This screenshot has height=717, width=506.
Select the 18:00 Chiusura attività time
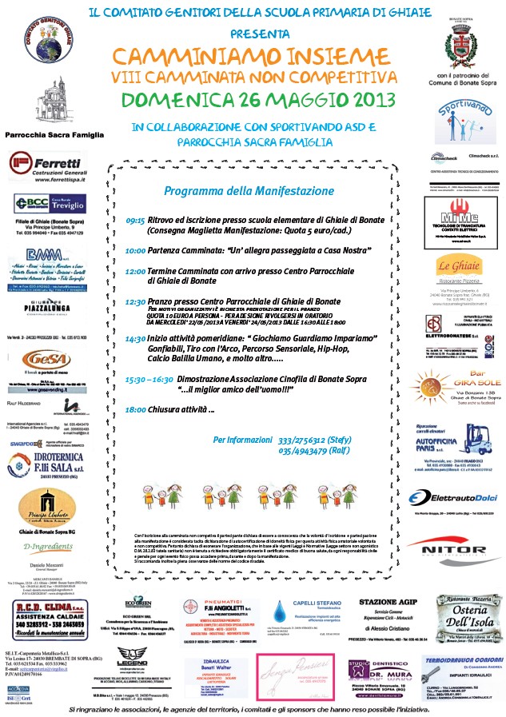click(135, 409)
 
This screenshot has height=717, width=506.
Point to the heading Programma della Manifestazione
click(232, 191)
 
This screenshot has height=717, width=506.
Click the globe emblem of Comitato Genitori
click(43, 37)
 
